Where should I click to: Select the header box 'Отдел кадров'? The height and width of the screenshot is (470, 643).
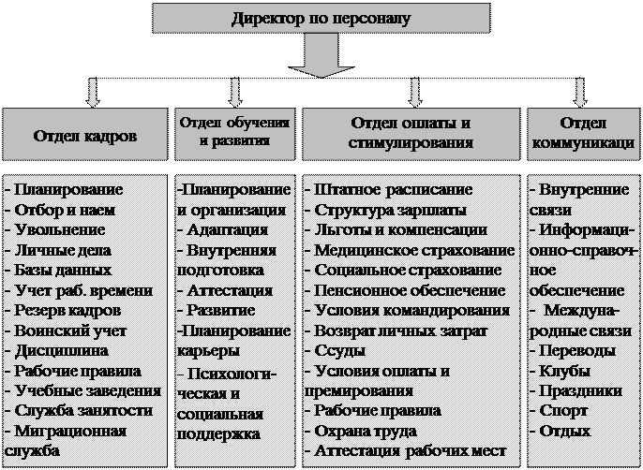[85, 135]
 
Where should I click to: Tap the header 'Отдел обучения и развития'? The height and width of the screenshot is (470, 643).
[235, 133]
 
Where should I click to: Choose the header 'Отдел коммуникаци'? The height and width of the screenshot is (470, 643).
[583, 133]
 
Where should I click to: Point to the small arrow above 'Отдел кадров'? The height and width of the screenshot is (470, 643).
[91, 92]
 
